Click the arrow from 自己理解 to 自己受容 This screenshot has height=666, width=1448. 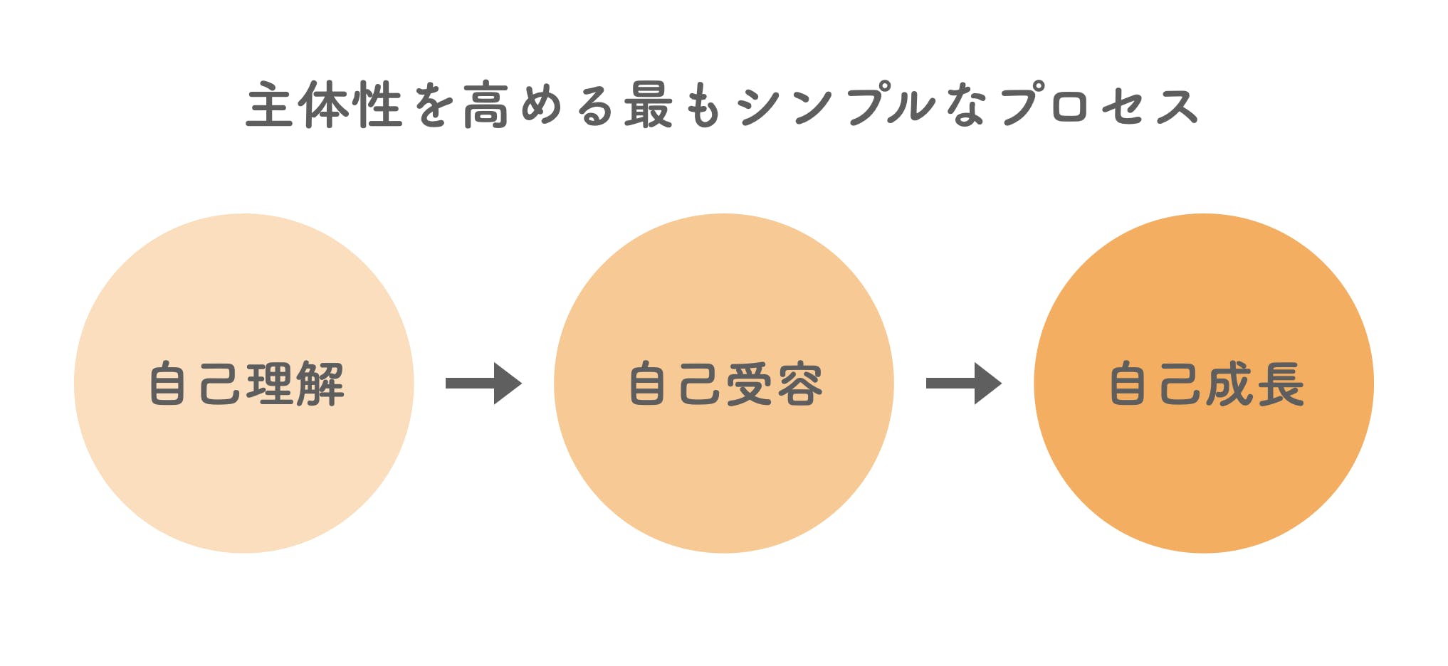pos(483,384)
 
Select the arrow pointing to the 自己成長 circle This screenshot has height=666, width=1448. pos(963,384)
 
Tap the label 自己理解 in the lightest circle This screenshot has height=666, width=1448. pos(246,384)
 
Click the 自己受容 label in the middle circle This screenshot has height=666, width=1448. pos(725,384)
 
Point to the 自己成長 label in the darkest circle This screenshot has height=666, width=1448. pos(1206,384)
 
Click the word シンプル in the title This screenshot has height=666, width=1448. pos(836,105)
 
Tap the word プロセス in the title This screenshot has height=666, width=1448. pos(1100,105)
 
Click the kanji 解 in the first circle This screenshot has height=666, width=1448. pos(320,384)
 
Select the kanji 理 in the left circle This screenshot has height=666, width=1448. pos(271,384)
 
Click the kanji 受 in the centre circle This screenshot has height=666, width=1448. pos(750,384)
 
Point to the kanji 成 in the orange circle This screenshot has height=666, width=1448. pos(1230,384)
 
